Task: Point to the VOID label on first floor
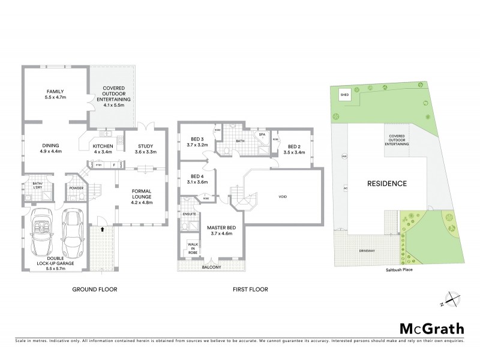284,196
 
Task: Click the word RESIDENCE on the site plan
387,184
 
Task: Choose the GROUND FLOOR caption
94,289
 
